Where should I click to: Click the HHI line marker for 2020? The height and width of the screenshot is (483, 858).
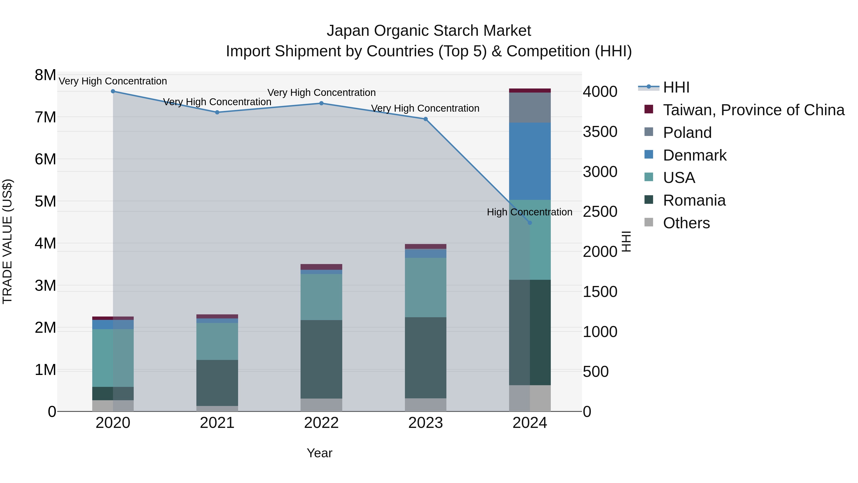pyautogui.click(x=113, y=91)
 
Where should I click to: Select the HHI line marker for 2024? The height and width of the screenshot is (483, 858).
pyautogui.click(x=530, y=223)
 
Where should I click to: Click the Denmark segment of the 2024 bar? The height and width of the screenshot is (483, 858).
pyautogui.click(x=530, y=161)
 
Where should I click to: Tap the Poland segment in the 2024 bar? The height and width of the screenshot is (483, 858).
pyautogui.click(x=530, y=108)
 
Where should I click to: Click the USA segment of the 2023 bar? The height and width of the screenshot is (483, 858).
pyautogui.click(x=426, y=287)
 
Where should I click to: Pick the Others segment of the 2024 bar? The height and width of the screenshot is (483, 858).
pyautogui.click(x=530, y=398)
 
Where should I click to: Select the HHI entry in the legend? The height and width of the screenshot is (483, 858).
pyautogui.click(x=676, y=87)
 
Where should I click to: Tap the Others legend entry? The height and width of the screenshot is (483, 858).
pyautogui.click(x=686, y=223)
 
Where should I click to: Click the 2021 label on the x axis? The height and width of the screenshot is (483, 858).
pyautogui.click(x=217, y=423)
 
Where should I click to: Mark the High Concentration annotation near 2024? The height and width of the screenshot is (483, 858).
pyautogui.click(x=530, y=212)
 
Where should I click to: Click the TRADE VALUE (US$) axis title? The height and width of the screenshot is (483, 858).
pyautogui.click(x=7, y=241)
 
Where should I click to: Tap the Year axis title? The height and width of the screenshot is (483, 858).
pyautogui.click(x=319, y=453)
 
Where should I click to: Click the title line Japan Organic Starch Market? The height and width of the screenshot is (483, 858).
pyautogui.click(x=429, y=31)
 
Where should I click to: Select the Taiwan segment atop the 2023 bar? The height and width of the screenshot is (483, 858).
pyautogui.click(x=426, y=246)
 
